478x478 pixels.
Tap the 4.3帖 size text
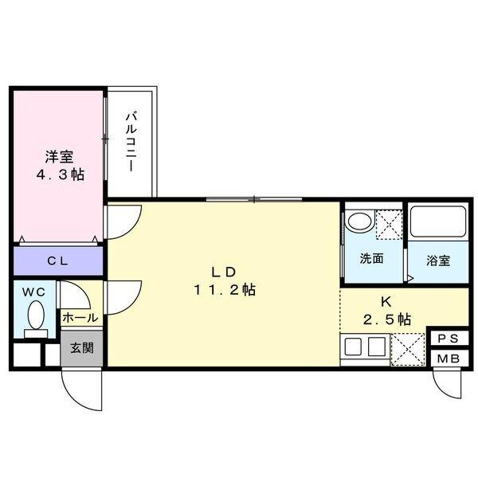58,174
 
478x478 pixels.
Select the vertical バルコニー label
131,143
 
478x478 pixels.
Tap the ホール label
80,317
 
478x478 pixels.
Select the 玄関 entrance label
80,347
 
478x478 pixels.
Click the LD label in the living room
224,270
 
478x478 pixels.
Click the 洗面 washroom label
372,258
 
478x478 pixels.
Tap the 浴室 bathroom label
438,260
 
